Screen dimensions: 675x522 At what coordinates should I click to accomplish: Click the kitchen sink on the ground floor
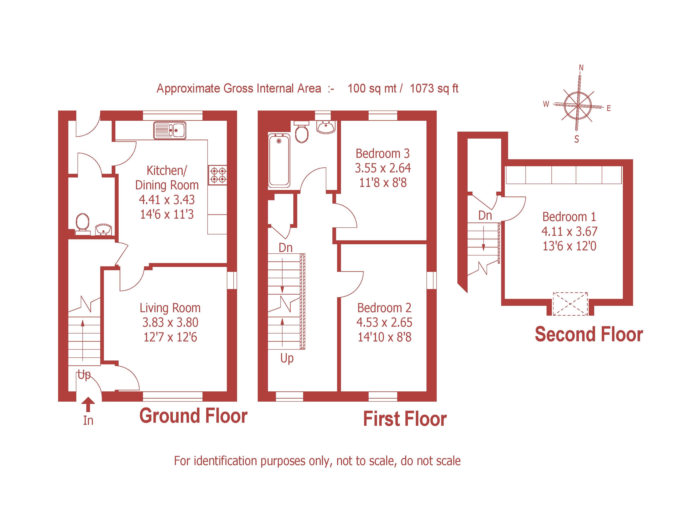click(170, 130)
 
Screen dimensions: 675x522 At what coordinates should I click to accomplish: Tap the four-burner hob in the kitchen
click(218, 175)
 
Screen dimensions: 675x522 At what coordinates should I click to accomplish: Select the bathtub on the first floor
click(279, 160)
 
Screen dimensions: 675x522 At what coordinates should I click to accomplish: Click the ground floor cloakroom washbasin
click(103, 230)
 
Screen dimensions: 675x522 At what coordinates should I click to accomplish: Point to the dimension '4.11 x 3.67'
click(569, 231)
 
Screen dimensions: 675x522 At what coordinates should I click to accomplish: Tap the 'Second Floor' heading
click(589, 335)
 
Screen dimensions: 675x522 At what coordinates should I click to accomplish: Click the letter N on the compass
click(581, 68)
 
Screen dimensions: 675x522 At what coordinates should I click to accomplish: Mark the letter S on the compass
click(576, 139)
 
